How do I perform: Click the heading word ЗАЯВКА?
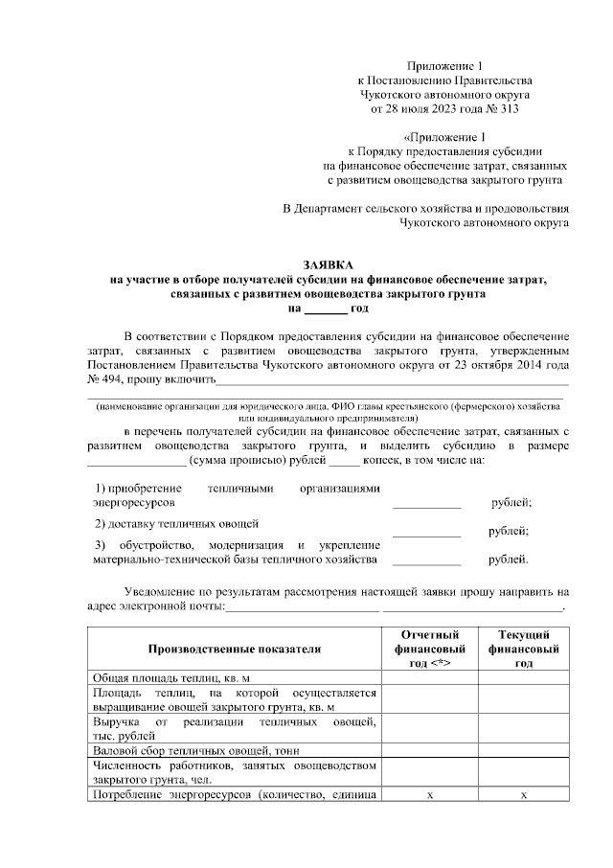pos(329,263)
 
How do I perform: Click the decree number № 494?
pos(104,380)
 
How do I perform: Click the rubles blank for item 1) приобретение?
pos(427,504)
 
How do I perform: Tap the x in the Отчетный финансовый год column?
pos(430,795)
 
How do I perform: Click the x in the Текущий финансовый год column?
pos(523,795)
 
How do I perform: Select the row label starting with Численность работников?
pos(234,772)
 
